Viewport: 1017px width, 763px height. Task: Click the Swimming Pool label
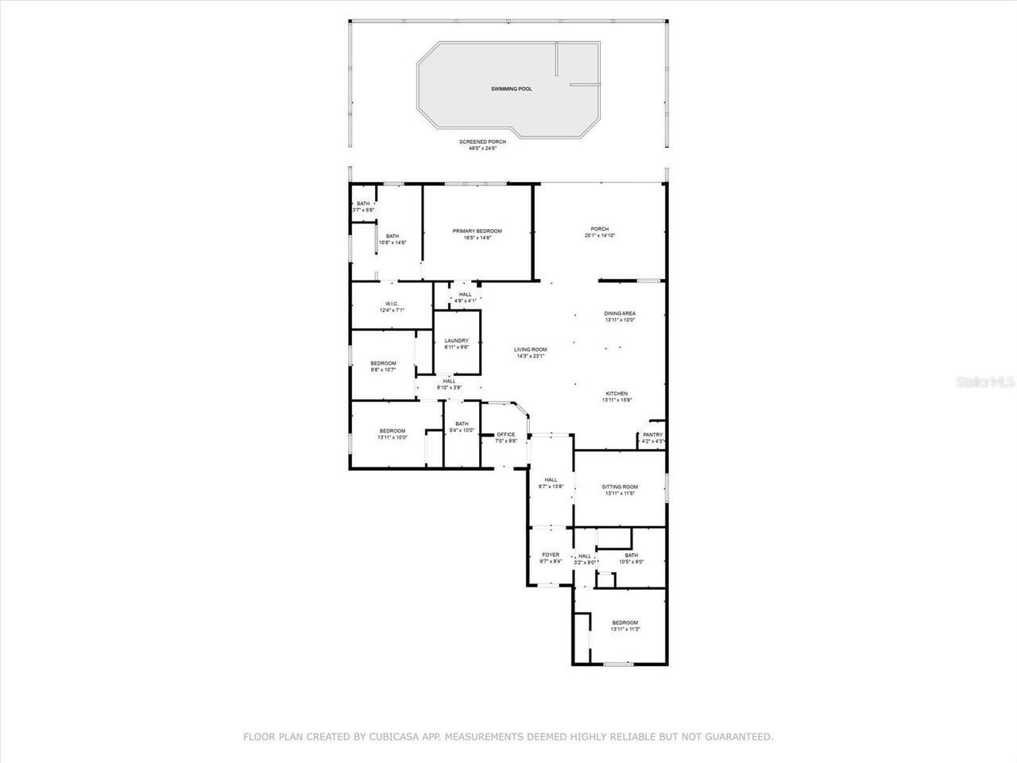[x=511, y=89]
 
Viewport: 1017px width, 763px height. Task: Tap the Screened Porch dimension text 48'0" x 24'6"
[x=481, y=149]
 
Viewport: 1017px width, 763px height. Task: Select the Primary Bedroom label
[x=478, y=231]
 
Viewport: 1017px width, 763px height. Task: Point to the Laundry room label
[x=456, y=341]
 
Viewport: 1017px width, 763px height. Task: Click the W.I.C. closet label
[x=392, y=304]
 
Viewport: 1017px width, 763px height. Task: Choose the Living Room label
[x=530, y=350]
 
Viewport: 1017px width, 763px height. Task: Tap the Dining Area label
[x=620, y=313]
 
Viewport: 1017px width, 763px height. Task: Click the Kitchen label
[x=617, y=393]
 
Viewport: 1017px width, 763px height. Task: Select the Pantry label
[x=652, y=435]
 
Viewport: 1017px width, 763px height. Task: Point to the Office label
[x=506, y=435]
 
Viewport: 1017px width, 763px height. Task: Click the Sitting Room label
[x=620, y=487]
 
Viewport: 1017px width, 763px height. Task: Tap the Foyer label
[x=551, y=555]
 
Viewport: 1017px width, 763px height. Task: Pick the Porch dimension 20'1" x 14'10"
[x=600, y=236]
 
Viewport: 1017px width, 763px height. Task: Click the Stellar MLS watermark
[x=984, y=382]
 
